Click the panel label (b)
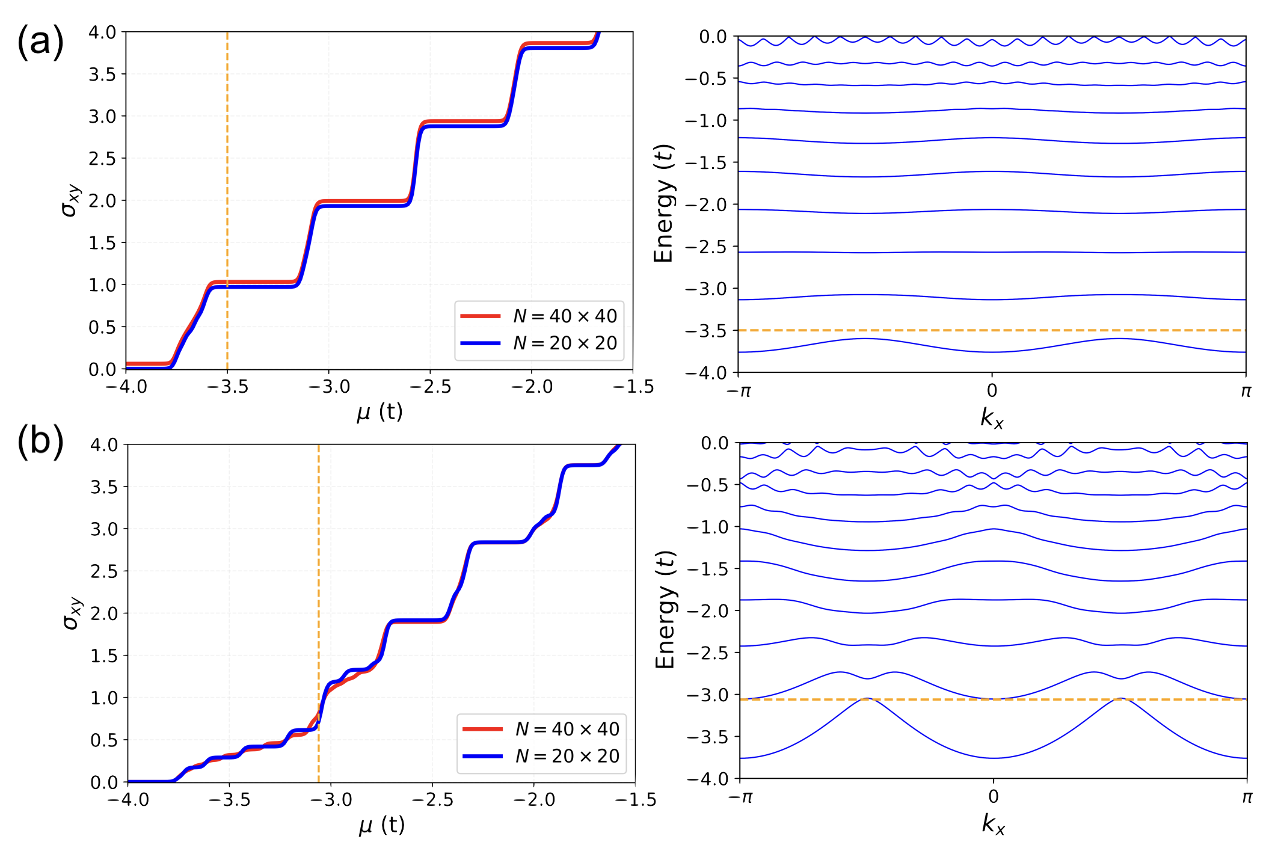(x=40, y=441)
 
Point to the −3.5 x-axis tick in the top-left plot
(x=228, y=387)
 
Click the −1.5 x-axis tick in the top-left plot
(x=633, y=387)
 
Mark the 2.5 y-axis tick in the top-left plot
(x=102, y=159)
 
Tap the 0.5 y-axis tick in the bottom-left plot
(x=104, y=740)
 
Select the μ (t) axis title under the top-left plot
(x=379, y=413)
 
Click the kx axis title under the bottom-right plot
(x=993, y=824)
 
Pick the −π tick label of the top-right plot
(x=739, y=392)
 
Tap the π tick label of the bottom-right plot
(x=1247, y=798)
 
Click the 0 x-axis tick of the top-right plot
(x=992, y=391)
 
